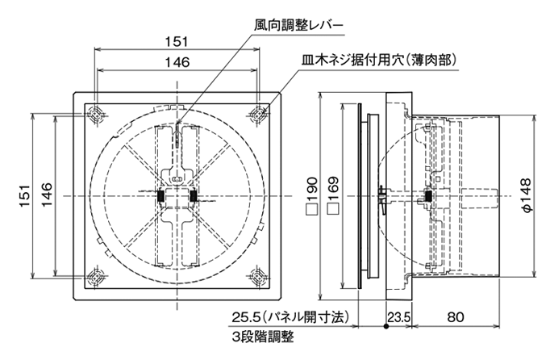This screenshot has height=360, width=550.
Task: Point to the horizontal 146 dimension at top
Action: (177, 62)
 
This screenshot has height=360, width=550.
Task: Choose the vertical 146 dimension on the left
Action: (46, 194)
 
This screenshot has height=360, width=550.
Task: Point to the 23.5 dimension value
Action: (399, 318)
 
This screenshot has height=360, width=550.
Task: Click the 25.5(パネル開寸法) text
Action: (293, 317)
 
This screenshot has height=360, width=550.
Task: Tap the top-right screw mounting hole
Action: (259, 114)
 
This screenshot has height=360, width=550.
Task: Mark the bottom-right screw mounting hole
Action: (259, 276)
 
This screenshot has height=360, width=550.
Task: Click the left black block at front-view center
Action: (161, 195)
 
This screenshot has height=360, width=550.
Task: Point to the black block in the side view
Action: (427, 195)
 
